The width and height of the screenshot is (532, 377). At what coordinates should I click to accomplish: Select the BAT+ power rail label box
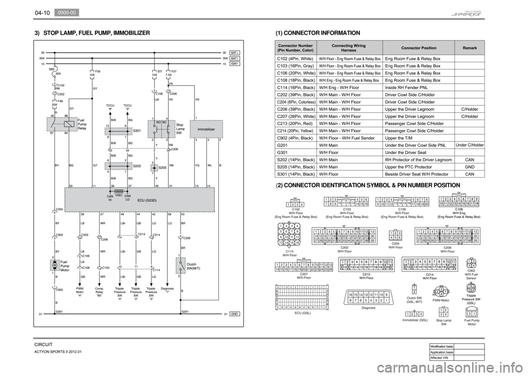[235, 53]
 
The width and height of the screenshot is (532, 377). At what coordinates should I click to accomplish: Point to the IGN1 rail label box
[235, 64]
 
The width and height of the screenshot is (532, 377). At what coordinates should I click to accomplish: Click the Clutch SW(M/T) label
[195, 268]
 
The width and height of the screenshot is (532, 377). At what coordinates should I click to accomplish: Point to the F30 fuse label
[97, 72]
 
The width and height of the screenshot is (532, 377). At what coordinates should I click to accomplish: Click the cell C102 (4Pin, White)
[295, 58]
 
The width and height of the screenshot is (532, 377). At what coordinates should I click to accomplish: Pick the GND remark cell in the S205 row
[469, 167]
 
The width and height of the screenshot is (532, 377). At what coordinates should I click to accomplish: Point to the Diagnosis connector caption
[369, 307]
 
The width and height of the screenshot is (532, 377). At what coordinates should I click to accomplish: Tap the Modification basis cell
[442, 346]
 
